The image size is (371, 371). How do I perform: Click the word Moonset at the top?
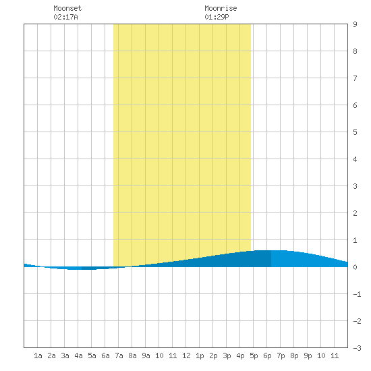tap(67, 8)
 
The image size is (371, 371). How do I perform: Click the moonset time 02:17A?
tap(65, 17)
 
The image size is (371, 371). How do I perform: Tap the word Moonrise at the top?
tap(221, 8)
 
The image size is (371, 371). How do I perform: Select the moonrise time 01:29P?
tap(217, 17)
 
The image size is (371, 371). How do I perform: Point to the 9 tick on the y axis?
tap(355, 24)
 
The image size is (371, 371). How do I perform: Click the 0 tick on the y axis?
tap(355, 267)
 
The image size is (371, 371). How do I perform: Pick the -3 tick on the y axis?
tap(357, 348)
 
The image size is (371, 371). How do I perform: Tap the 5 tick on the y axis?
tap(355, 132)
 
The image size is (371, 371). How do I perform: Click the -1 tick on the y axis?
tap(357, 294)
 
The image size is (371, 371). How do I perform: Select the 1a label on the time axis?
tap(38, 355)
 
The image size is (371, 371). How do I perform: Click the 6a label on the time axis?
tap(105, 355)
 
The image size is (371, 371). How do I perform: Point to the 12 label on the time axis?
tap(186, 355)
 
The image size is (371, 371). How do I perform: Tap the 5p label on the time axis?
tap(254, 355)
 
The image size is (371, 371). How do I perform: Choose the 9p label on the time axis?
tap(308, 355)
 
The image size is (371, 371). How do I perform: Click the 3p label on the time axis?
tap(227, 355)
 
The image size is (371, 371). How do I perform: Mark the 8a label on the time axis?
tap(132, 355)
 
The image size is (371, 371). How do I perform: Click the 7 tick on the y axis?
tap(355, 78)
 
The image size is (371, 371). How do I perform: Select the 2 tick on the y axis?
tap(355, 213)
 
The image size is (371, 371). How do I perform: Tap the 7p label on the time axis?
tap(281, 355)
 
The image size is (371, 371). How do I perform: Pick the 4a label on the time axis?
tap(78, 355)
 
